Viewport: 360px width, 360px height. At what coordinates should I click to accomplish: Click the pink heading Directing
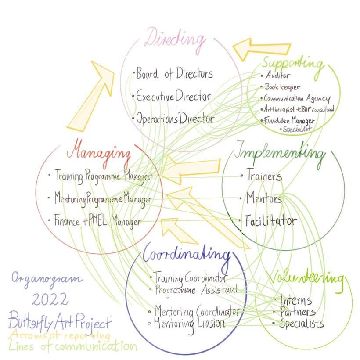coord(175,40)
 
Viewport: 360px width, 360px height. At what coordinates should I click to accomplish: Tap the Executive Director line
coord(173,96)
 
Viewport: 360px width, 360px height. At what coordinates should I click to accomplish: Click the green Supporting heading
coord(294,64)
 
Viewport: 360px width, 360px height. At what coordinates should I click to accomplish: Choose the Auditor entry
coord(277,76)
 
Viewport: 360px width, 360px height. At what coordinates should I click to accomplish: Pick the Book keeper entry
coord(282,87)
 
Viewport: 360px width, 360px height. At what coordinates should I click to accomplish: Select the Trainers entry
coord(263,176)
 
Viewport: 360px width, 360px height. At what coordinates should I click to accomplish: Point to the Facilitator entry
coord(270,220)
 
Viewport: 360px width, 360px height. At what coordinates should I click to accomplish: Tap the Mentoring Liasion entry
coord(189,324)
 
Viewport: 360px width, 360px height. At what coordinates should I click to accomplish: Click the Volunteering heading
coord(306,279)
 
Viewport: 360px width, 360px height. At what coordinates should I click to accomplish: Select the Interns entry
coord(296,301)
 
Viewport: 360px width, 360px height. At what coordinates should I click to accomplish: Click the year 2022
coord(50,300)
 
